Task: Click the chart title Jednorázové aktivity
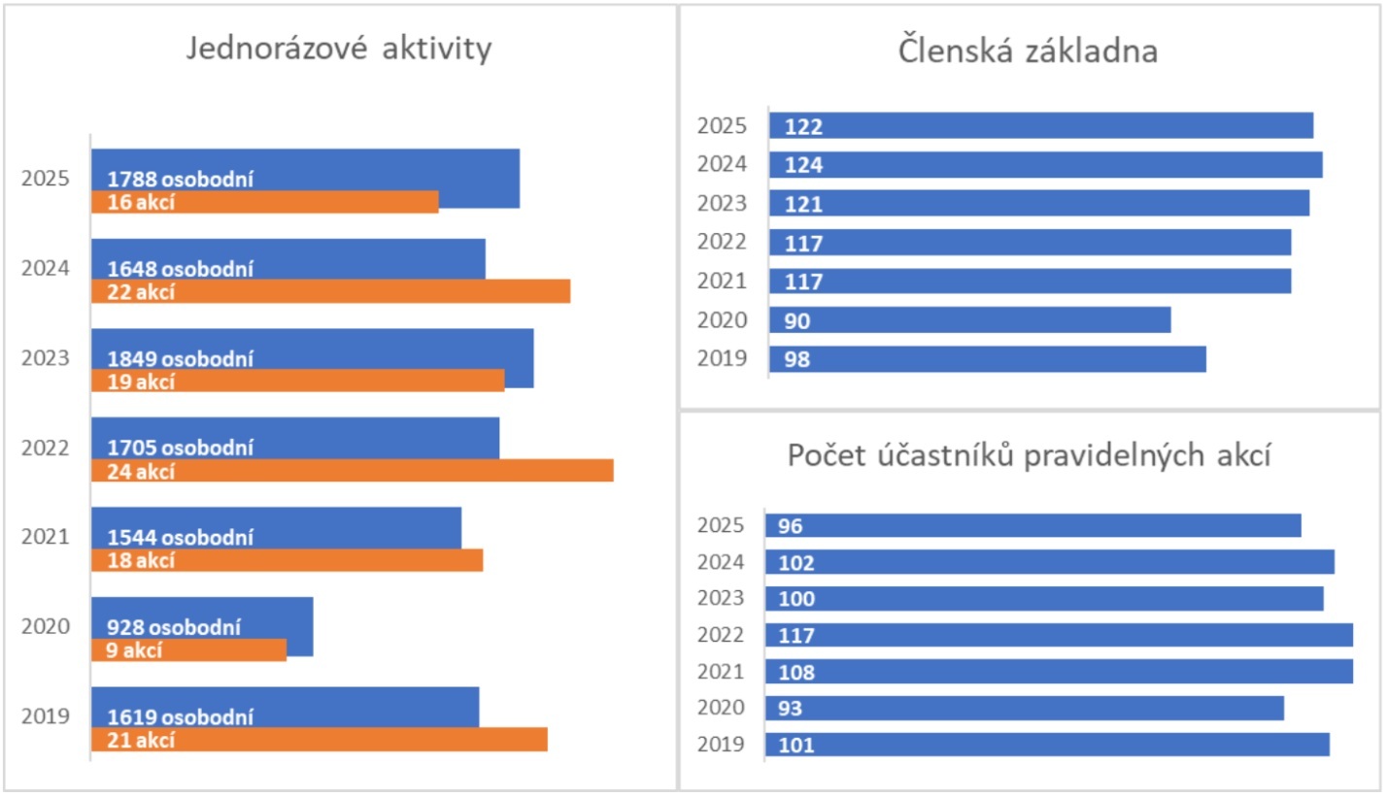[x=338, y=50]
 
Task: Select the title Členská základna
[x=1028, y=51]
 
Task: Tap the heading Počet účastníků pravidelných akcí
[x=1030, y=454]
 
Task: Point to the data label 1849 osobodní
[x=180, y=359]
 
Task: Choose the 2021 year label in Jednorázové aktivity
[x=46, y=537]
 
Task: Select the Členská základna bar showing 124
[x=1045, y=165]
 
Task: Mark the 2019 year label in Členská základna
[x=722, y=359]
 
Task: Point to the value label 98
[x=797, y=360]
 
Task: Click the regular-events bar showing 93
[x=1024, y=709]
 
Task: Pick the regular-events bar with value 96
[x=1032, y=526]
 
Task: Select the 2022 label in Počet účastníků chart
[x=722, y=635]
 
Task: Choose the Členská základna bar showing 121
[x=1038, y=204]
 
